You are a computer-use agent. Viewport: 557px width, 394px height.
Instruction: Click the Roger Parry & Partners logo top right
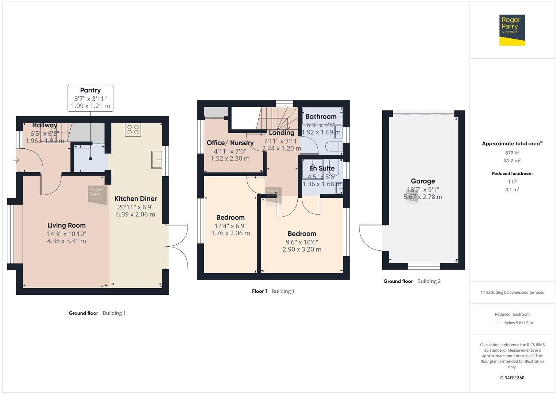point(512,30)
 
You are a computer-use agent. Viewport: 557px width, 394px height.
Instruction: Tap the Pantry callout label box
point(90,98)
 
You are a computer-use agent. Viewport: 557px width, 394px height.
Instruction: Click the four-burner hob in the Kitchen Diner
point(133,130)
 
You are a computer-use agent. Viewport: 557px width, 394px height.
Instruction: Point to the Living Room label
point(66,225)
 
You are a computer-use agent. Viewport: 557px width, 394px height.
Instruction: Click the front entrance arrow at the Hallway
point(16,160)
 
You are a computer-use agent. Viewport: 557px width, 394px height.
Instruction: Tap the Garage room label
point(423,181)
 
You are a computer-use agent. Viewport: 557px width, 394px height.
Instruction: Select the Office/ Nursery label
point(230,143)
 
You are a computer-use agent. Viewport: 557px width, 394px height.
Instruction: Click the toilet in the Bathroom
point(334,147)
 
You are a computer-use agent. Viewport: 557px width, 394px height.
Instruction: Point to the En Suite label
point(322,168)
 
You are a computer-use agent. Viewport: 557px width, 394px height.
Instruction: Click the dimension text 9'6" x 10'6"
point(302,242)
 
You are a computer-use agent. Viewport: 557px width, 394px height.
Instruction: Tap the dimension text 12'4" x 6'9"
point(230,225)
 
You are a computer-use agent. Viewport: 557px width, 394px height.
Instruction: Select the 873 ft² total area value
point(512,153)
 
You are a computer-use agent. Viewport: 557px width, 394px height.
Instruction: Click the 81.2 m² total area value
point(512,161)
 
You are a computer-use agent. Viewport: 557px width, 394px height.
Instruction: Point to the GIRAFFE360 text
point(512,378)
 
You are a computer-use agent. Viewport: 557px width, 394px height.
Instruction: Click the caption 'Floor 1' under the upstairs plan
point(259,291)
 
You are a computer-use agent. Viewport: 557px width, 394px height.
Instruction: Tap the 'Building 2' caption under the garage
point(429,281)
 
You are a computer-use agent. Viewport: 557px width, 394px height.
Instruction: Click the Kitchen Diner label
point(135,199)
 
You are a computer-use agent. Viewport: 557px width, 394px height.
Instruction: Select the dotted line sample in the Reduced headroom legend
point(496,323)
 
